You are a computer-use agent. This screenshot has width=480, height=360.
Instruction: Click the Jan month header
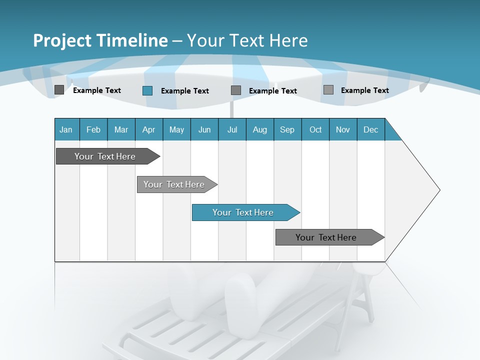66,129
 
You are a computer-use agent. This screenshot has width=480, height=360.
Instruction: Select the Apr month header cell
148,129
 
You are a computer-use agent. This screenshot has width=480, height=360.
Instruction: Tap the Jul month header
232,129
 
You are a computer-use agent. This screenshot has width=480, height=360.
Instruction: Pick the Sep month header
287,129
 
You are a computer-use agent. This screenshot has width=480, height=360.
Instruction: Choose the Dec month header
370,129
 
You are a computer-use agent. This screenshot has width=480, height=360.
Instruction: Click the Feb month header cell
93,129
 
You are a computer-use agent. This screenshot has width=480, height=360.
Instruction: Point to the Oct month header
315,129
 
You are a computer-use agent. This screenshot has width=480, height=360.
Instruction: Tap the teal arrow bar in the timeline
243,212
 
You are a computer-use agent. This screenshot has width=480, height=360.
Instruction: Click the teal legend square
147,90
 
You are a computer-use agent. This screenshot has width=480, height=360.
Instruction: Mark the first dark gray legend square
59,90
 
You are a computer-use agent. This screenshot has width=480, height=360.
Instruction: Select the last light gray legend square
328,90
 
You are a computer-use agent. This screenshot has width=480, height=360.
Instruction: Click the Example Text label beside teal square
184,91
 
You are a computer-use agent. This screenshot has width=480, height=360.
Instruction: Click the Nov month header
342,129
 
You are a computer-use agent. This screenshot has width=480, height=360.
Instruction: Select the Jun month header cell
204,129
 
